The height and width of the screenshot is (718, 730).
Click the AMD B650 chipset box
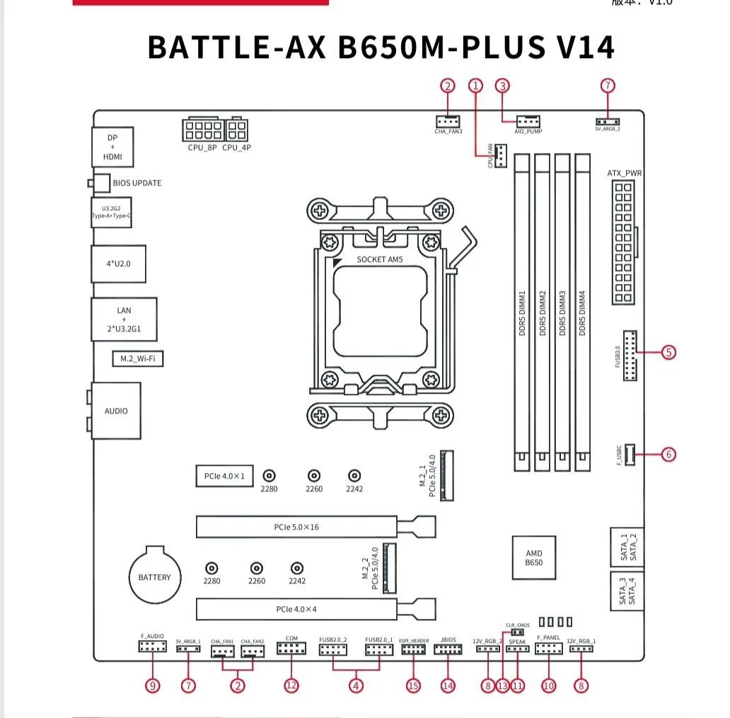(534, 558)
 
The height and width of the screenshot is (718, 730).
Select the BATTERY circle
(155, 576)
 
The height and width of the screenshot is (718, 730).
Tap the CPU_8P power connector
(203, 131)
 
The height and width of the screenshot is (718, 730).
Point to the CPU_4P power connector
(237, 131)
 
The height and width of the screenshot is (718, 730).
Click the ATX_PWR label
(625, 173)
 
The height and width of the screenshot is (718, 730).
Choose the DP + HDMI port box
(112, 147)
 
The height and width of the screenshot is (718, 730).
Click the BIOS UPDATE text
(137, 183)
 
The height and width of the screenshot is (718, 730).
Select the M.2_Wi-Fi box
(137, 359)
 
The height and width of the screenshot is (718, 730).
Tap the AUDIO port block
(116, 411)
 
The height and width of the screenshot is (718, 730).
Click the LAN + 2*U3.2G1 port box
(124, 320)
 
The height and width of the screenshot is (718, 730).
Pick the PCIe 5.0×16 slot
(297, 528)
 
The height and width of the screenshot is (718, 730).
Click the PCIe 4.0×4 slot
(297, 609)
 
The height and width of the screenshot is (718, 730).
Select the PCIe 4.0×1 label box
(224, 476)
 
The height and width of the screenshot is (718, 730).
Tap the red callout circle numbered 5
(668, 351)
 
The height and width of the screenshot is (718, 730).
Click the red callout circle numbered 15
(413, 685)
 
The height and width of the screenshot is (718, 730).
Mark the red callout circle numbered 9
(153, 685)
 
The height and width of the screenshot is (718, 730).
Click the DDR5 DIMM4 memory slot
(582, 312)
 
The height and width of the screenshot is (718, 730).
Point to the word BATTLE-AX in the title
(237, 47)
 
